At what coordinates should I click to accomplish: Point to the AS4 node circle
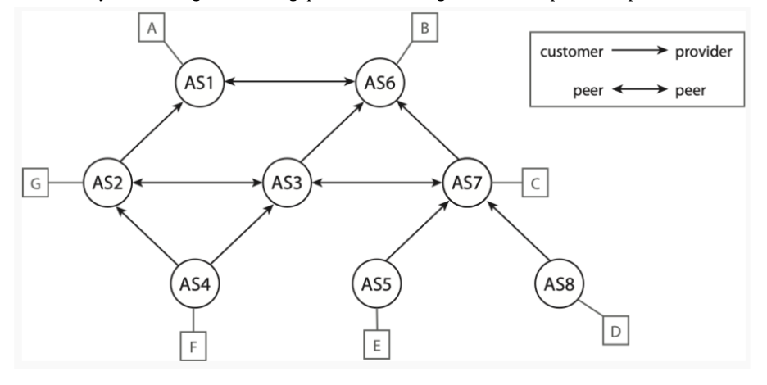click(194, 284)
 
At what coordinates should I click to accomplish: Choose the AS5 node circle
click(377, 284)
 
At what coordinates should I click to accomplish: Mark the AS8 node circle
click(560, 284)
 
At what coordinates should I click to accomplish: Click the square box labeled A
click(150, 29)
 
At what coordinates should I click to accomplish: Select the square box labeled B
click(424, 29)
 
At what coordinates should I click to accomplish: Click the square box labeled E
click(376, 346)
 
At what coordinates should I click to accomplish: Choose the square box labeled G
click(34, 183)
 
